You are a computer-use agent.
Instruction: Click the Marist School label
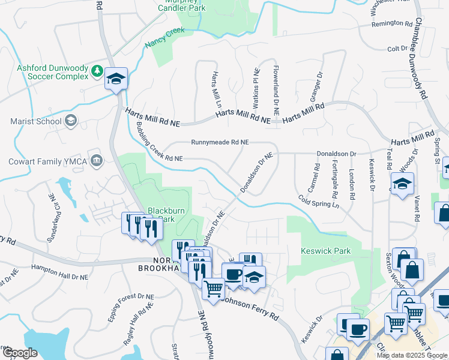(x=36, y=121)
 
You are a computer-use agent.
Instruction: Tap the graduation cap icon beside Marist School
(x=71, y=121)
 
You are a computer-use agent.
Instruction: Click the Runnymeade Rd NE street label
(x=220, y=143)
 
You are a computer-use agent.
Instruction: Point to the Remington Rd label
(x=392, y=23)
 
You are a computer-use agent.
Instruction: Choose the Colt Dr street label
(x=397, y=49)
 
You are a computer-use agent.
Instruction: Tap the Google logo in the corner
(x=19, y=353)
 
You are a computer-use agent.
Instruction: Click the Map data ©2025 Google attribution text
(x=412, y=355)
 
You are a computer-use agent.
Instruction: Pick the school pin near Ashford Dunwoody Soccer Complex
(x=116, y=79)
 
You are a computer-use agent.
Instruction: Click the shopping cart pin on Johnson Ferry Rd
(x=213, y=290)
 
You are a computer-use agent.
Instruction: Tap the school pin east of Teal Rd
(x=402, y=184)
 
